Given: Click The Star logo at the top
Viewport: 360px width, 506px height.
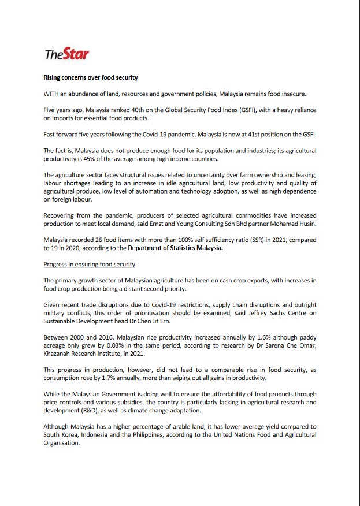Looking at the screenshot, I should [66, 54].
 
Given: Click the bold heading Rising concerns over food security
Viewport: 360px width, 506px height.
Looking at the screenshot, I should [91, 77].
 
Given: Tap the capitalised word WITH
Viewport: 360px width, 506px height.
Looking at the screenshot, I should [53, 94].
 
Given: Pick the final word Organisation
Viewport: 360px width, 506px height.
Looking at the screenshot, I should [61, 442].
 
